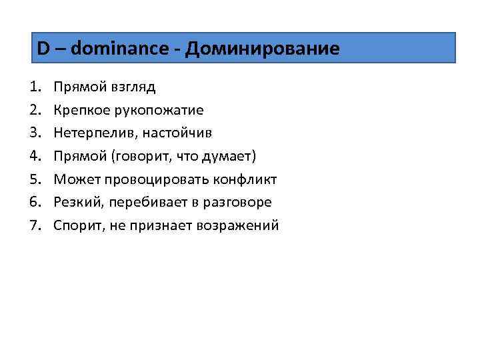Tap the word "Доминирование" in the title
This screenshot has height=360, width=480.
click(x=263, y=48)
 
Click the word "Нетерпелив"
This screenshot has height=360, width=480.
click(x=90, y=133)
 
